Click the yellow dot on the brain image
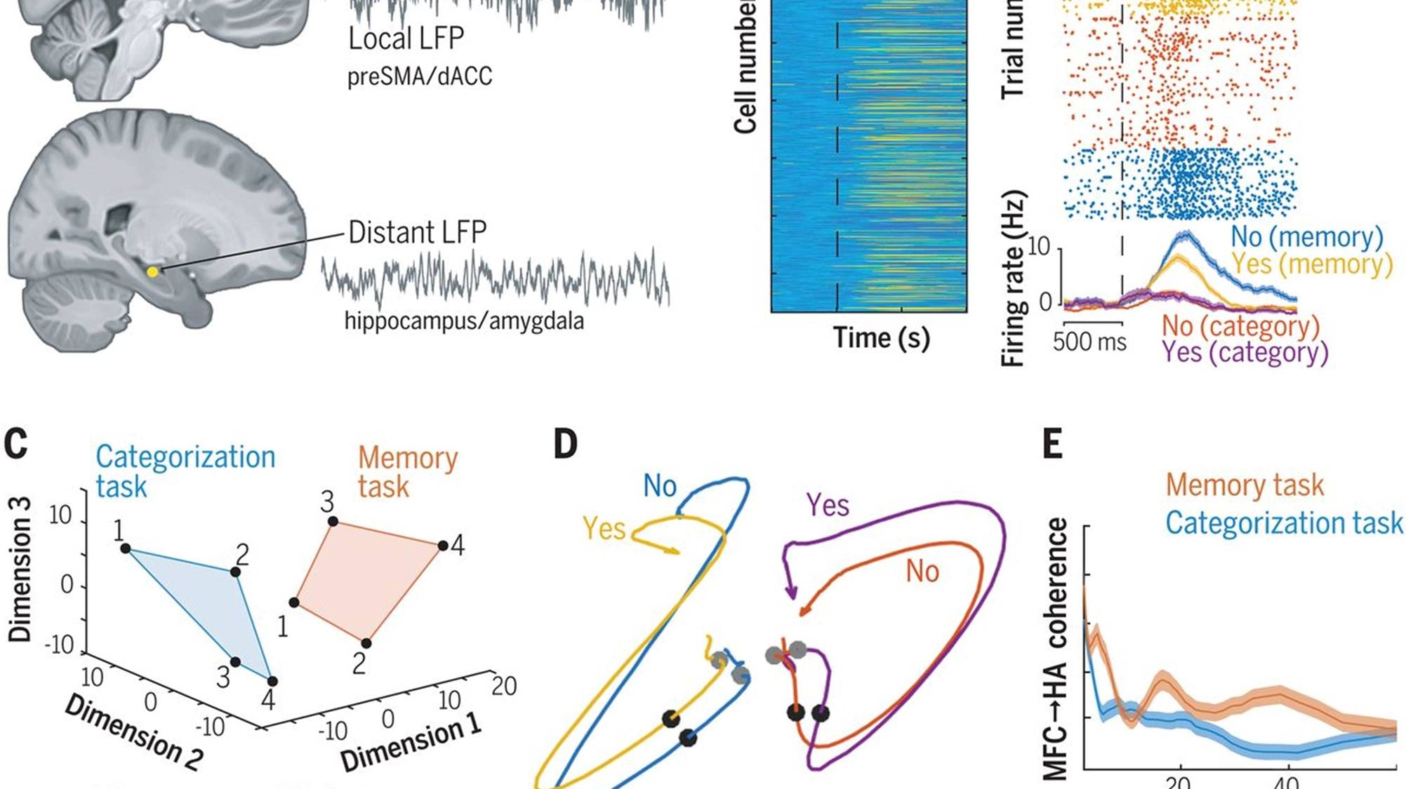point(152,271)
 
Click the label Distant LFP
point(417,232)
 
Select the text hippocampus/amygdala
point(464,321)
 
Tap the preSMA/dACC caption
point(420,76)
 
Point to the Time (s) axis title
point(881,338)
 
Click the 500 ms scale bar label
point(1089,342)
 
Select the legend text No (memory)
point(1307,237)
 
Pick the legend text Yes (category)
point(1245,352)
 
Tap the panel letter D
point(565,444)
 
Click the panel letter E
point(1052,444)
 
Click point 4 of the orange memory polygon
point(442,546)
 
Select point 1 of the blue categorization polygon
point(126,548)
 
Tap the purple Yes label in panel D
point(828,505)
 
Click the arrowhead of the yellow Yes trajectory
point(675,552)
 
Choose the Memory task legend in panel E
point(1245,485)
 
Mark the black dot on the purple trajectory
point(820,714)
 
